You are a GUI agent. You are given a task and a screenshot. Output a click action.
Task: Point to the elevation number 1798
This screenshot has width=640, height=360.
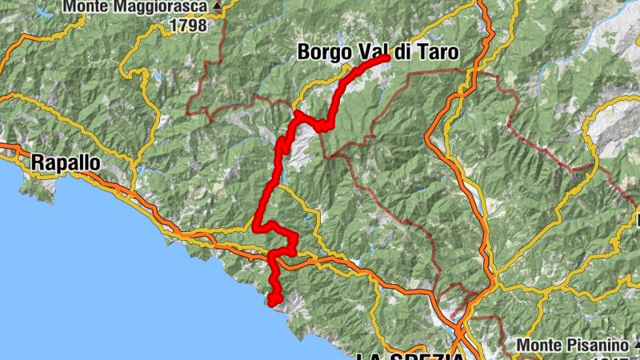[187, 26]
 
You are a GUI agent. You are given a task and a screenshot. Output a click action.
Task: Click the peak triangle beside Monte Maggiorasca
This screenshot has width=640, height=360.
[217, 6]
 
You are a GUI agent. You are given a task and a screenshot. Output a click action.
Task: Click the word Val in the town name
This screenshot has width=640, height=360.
[373, 53]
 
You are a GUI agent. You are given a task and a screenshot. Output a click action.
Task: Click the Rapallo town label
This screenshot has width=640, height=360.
[66, 162]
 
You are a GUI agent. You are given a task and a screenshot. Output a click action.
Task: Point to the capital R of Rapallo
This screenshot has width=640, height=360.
[38, 162]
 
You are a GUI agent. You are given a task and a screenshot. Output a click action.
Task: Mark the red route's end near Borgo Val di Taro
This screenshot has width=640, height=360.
[386, 58]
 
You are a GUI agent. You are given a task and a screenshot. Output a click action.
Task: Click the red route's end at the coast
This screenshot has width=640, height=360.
[274, 302]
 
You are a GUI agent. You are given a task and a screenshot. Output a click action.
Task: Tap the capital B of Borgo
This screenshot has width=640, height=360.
[304, 53]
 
